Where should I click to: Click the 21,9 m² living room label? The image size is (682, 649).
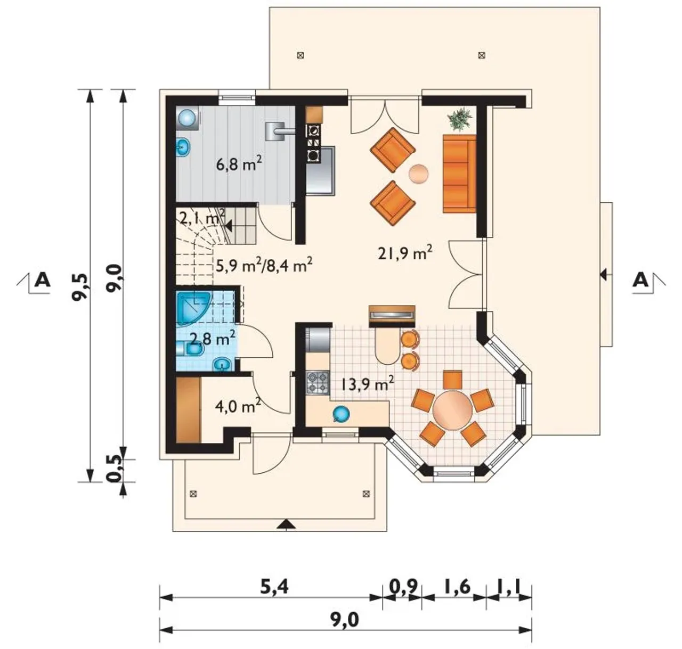pos(405,254)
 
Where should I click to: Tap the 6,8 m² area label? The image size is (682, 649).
pos(239,163)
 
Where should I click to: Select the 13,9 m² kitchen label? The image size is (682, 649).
pos(367,384)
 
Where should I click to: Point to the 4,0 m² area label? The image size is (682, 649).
pos(238,406)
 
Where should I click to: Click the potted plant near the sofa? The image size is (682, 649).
pos(460,119)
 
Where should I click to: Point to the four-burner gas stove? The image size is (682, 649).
pos(317,383)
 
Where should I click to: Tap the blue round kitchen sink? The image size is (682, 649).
pos(341,414)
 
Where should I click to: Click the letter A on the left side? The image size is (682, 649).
pos(43,281)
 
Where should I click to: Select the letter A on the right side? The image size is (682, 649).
pos(640,280)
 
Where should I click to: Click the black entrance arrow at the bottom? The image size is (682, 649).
pos(286,524)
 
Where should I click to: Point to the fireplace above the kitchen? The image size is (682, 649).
pos(392,316)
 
